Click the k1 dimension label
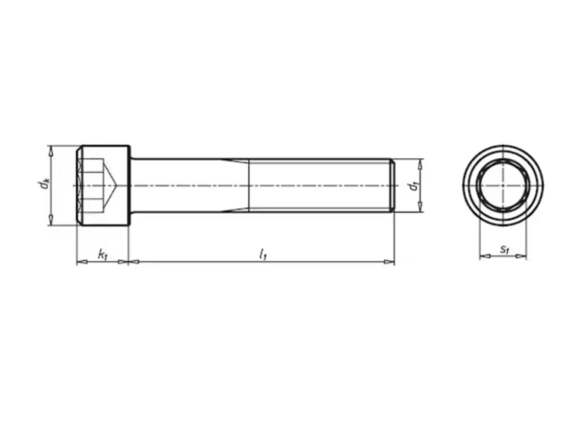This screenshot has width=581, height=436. point(102,255)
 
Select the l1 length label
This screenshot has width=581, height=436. point(263,255)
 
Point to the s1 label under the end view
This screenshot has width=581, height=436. point(504,249)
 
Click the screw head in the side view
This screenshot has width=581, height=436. point(103,185)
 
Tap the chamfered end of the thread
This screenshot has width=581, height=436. point(392,185)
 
